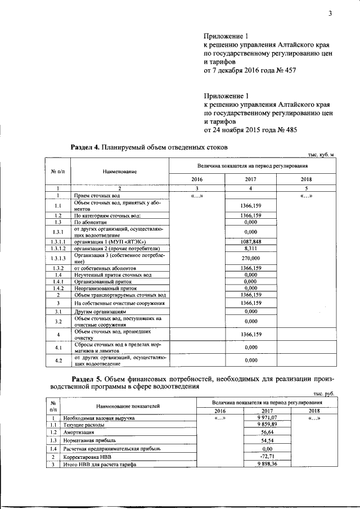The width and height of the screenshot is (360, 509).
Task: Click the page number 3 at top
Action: coord(331,15)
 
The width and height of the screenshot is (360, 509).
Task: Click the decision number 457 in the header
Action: coord(288,71)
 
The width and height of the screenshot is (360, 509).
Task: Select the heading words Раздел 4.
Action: coord(84,147)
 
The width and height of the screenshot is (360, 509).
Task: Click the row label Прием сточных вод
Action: coord(97,195)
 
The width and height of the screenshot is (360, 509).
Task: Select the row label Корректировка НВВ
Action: coord(90,457)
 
